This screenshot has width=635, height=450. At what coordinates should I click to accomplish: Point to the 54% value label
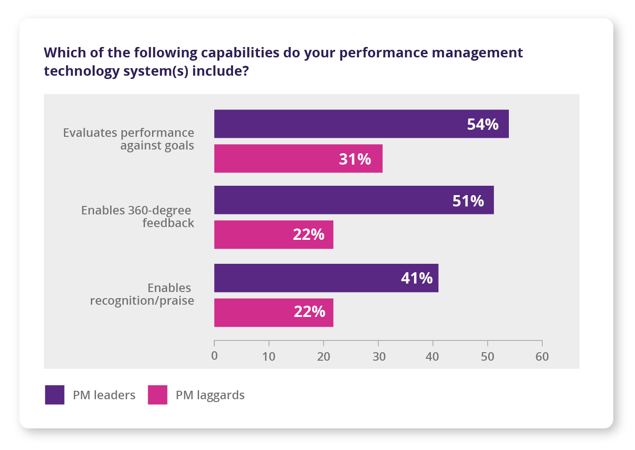coord(482,124)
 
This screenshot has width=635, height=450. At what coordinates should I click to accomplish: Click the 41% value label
coord(417,278)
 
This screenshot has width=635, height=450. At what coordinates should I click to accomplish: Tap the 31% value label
coord(355,159)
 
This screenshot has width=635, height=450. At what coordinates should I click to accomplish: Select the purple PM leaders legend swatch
coord(55,395)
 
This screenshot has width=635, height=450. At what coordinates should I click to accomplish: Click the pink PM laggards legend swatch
coord(157,395)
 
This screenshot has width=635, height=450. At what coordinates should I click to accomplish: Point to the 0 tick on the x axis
coord(215,356)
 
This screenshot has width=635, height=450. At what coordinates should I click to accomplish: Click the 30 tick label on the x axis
coord(379,356)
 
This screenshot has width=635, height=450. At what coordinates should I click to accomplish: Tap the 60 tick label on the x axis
coord(542,356)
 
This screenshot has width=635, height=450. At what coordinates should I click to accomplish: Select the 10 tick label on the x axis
coord(269,356)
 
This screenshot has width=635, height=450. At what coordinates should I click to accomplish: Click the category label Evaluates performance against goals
coord(129,139)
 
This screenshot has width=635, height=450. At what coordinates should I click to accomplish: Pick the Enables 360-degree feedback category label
coord(137,216)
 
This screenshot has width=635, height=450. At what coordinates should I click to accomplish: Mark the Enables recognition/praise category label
coord(142,294)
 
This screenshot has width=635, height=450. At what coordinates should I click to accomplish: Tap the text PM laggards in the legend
coord(210,395)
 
